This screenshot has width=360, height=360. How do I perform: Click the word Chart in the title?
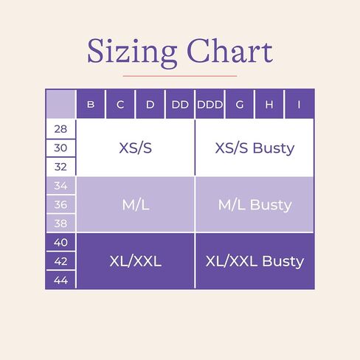pos(230,51)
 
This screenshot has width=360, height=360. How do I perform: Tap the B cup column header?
pos(91,104)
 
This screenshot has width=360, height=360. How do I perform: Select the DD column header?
pos(180,104)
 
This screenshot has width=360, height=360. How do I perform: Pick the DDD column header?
pos(210,104)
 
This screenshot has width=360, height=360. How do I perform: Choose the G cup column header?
pos(240,104)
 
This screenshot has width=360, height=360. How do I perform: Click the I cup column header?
pos(300,104)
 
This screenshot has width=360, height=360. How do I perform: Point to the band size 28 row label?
pos(60,129)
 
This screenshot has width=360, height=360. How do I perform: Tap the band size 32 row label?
pos(60,167)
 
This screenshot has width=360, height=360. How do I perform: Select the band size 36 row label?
pos(60,204)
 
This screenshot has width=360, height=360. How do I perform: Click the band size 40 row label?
pos(60,242)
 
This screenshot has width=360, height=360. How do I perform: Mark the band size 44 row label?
pos(60,280)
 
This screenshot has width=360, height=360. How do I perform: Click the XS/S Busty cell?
pos(255,148)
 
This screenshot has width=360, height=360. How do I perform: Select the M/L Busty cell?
pos(255,204)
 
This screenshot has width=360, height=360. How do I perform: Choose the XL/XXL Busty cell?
pos(255,261)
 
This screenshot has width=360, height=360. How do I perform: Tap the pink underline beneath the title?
pos(180,76)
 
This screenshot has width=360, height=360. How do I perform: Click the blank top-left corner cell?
pos(60,104)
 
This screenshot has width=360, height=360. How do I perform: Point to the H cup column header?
pos(269,104)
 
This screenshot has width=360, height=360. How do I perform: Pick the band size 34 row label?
pos(60,186)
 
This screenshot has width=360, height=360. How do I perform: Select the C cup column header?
pos(120,104)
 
